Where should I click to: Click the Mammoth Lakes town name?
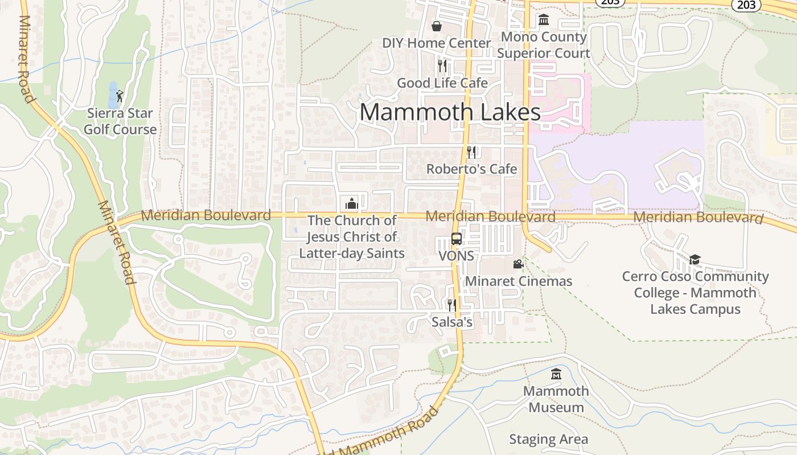[x=450, y=112]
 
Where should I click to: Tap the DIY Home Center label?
[x=436, y=43]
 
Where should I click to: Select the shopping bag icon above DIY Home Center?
[x=437, y=26]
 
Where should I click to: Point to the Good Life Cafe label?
[x=442, y=83]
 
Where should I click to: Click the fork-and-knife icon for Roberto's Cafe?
[x=471, y=152]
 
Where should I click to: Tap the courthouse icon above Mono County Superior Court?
[x=544, y=20]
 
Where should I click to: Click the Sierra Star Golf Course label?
[x=120, y=121]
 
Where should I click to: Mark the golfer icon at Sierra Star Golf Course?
[x=119, y=96]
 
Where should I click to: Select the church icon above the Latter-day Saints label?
[x=352, y=204]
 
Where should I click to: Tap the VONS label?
[x=456, y=256]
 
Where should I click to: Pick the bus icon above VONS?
[x=456, y=239]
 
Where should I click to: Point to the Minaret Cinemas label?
[x=519, y=281]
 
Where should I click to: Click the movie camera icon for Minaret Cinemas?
[x=518, y=264]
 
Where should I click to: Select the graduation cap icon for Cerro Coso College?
[x=695, y=260]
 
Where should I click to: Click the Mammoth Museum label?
[x=556, y=399]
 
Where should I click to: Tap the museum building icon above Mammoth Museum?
[x=556, y=374]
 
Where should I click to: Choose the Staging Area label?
[x=548, y=440]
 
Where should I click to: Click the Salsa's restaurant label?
[x=452, y=322]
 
